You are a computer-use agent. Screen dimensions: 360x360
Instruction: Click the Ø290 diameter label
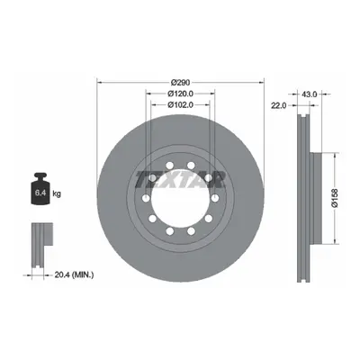180,82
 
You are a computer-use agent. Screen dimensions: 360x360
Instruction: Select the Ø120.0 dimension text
180,94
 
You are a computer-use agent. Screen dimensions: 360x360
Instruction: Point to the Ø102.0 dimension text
180,104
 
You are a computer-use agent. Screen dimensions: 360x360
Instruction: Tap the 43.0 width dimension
309,94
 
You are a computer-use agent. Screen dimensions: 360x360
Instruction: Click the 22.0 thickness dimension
279,105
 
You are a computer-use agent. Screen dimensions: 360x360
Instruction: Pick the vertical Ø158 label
335,198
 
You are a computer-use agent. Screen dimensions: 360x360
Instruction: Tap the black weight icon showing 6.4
40,188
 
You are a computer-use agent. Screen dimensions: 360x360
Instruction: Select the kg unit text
57,193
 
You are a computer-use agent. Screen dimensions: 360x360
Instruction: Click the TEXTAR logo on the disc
180,180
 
